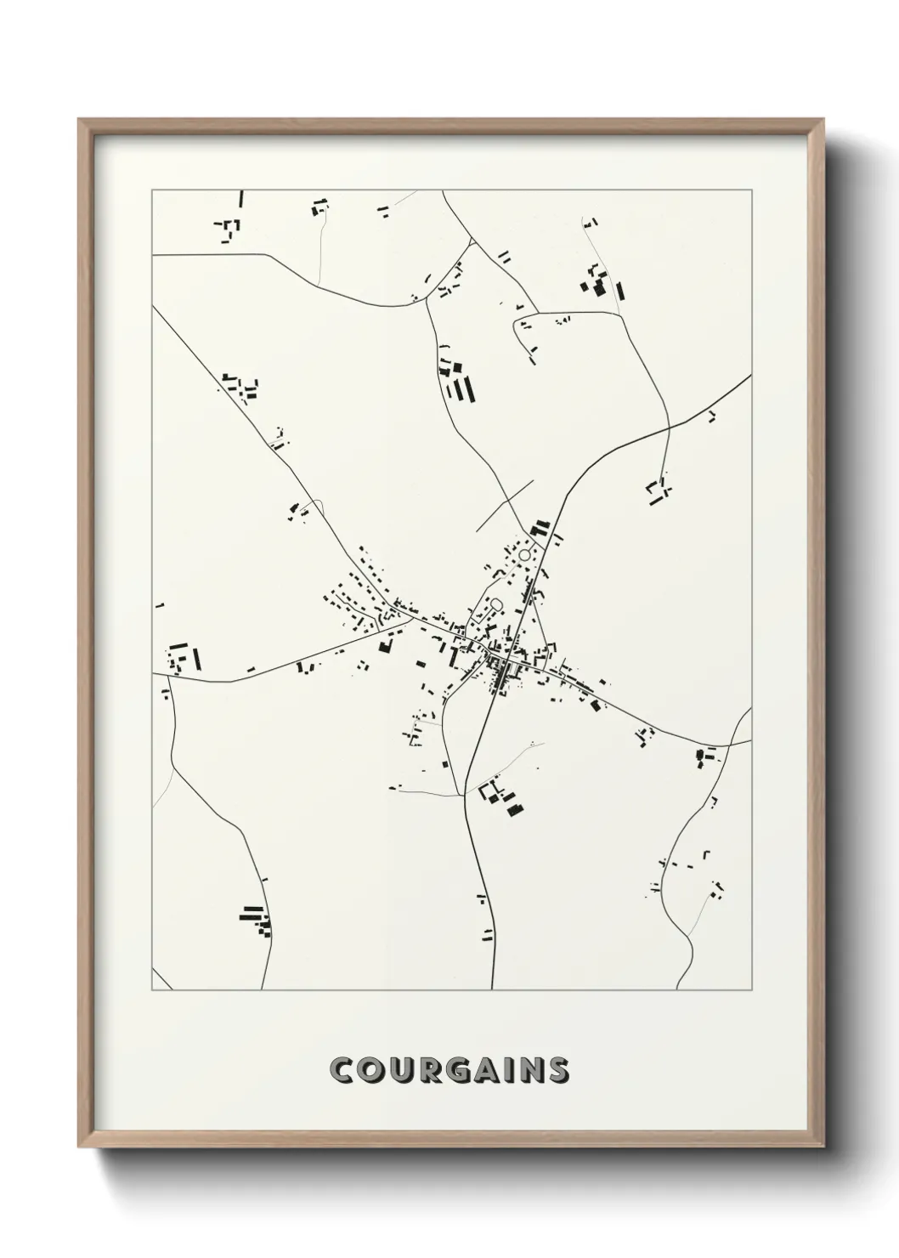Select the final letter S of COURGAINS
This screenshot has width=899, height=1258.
[558, 1071]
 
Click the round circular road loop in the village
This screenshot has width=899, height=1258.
[525, 554]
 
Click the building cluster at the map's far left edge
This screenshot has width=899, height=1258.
[183, 657]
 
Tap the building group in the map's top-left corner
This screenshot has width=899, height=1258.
[230, 225]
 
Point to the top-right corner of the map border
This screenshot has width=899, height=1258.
[751, 190]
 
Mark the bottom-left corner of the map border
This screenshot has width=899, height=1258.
[152, 990]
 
